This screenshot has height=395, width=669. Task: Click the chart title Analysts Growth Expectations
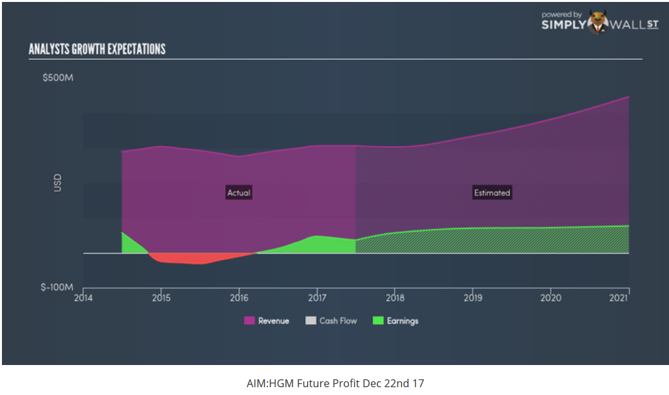(x=97, y=50)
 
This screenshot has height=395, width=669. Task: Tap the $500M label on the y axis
(x=58, y=78)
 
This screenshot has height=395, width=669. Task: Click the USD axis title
(x=57, y=183)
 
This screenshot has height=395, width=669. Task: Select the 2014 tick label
(x=83, y=298)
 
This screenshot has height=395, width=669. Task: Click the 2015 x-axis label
(x=161, y=298)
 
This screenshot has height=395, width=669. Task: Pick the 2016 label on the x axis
(x=239, y=298)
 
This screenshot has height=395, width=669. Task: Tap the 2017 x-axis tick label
(x=317, y=298)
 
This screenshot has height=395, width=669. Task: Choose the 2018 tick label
(x=394, y=298)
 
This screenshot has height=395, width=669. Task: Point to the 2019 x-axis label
(x=473, y=298)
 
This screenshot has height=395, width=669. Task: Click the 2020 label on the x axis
(x=551, y=298)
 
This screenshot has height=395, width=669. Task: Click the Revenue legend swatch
(x=249, y=321)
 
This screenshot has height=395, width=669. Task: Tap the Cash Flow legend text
(x=338, y=321)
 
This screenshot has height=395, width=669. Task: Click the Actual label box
(x=239, y=193)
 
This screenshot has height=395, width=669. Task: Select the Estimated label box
(x=492, y=193)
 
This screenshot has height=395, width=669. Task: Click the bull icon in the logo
(x=597, y=22)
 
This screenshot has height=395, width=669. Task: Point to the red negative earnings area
(x=189, y=259)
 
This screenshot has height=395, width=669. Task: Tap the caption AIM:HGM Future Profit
(x=335, y=383)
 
